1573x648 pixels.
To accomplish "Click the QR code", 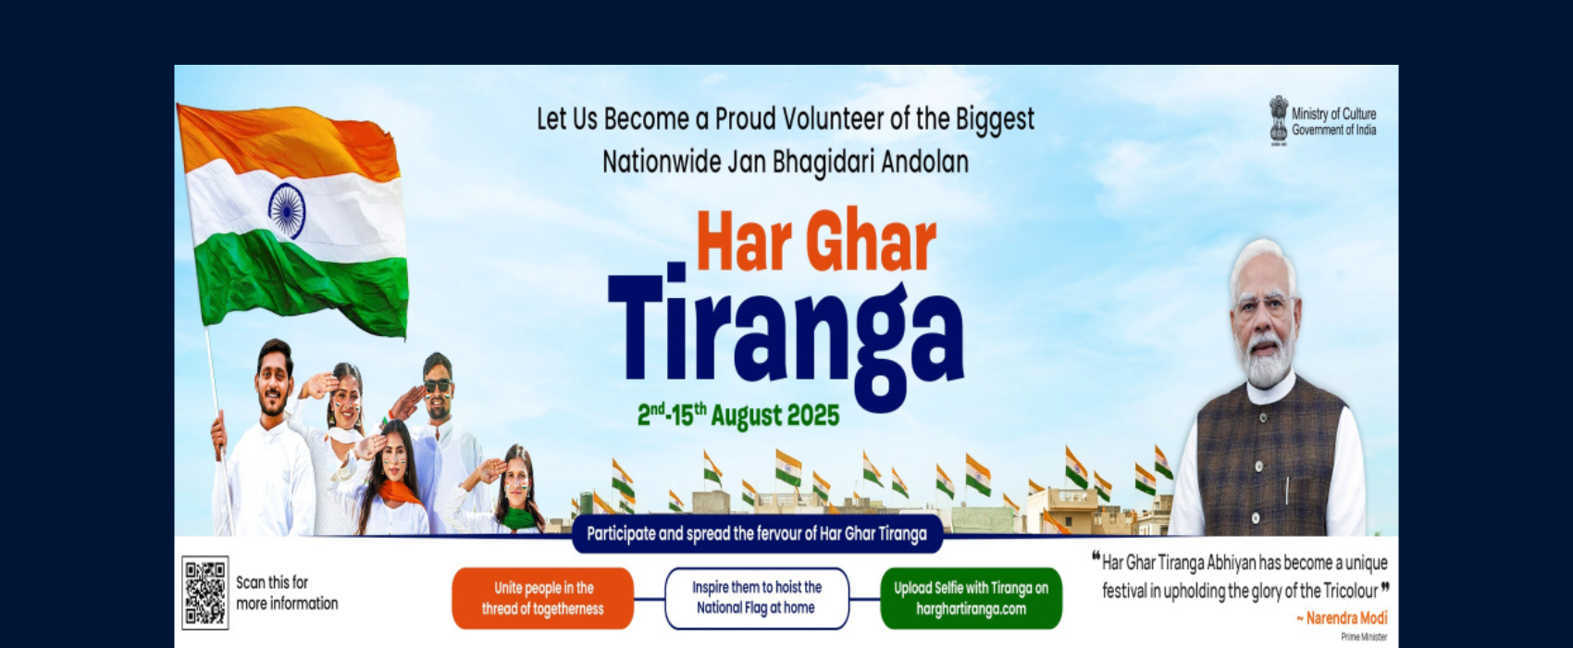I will (x=204, y=592).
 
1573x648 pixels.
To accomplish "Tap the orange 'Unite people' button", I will (x=542, y=598).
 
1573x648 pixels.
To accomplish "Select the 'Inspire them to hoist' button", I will (x=757, y=598).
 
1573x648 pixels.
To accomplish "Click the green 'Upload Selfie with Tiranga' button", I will (x=971, y=598).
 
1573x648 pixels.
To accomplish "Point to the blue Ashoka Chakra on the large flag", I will (x=286, y=209).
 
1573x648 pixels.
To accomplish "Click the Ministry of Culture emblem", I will (x=1278, y=119).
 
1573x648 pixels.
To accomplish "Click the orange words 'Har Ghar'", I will (x=816, y=242).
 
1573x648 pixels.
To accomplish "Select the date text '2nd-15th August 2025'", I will (x=738, y=415).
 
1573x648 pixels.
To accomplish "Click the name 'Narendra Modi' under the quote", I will (x=1346, y=617).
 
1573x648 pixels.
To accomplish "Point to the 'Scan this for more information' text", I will (x=287, y=592).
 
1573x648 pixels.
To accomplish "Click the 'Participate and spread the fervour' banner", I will (x=757, y=534).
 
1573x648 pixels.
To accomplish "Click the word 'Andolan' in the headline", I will (x=924, y=162).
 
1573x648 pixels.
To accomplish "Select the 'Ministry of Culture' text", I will (x=1333, y=114).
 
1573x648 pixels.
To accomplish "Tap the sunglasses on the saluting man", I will (x=437, y=385).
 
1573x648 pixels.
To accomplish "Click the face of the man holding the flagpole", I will (x=275, y=383).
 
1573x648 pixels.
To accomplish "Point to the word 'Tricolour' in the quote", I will (x=1350, y=591).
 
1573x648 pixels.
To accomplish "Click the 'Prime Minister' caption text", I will (x=1364, y=637).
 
